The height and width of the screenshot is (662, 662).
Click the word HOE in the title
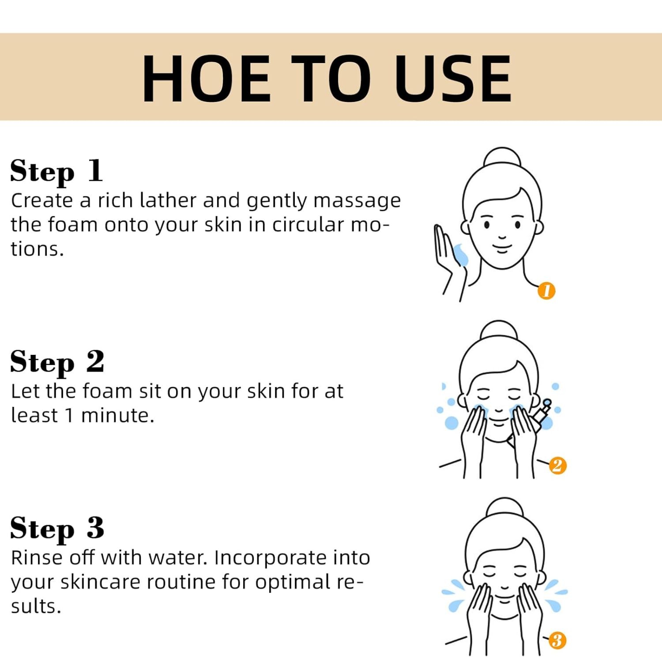(206, 79)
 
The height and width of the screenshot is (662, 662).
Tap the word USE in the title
(453, 79)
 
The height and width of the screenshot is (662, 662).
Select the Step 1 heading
(56, 171)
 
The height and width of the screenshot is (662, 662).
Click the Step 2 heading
(57, 362)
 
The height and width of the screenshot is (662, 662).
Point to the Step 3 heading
(57, 528)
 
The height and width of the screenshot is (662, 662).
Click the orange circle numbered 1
(546, 291)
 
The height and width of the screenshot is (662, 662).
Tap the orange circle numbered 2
(557, 466)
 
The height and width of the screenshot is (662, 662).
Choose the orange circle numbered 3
(557, 640)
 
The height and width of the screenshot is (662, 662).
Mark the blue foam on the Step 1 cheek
(460, 255)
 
